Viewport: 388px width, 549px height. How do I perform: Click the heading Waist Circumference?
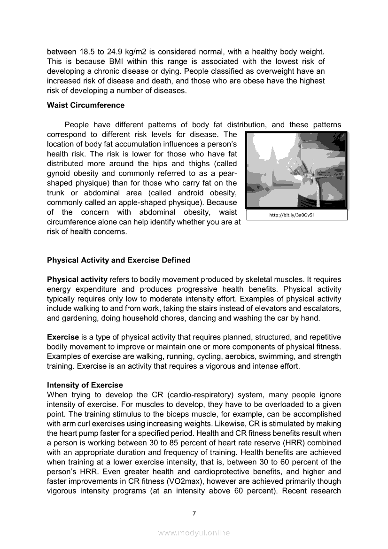(x=85, y=105)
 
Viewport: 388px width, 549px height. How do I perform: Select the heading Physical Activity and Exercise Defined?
(x=118, y=260)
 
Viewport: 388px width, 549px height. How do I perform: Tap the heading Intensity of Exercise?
(x=85, y=385)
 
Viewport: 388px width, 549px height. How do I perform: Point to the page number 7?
(x=194, y=513)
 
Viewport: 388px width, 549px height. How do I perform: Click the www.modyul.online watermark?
(x=194, y=533)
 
